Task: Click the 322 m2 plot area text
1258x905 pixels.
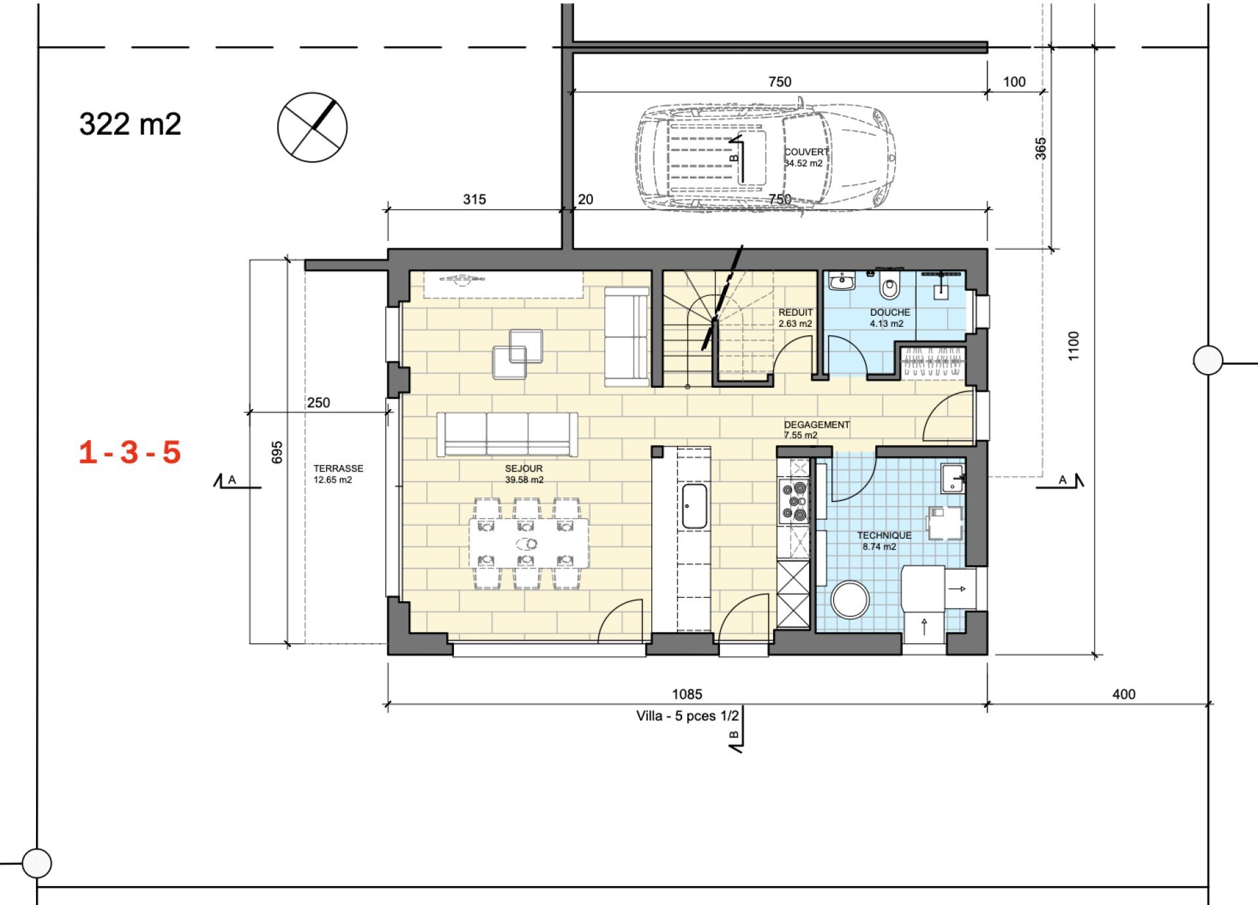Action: [130, 124]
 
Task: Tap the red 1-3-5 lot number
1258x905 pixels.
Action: [130, 452]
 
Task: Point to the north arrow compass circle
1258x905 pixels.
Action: [313, 127]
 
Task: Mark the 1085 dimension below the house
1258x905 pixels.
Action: [687, 694]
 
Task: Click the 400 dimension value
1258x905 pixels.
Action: [1124, 694]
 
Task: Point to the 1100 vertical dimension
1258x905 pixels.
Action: [1073, 346]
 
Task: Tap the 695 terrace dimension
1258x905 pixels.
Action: [277, 452]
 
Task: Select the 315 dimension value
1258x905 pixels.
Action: [474, 199]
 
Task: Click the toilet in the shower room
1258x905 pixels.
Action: [889, 287]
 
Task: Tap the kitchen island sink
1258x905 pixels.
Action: [694, 506]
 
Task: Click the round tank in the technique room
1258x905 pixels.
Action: [850, 599]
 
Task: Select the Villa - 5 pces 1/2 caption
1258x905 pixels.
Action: [687, 716]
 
